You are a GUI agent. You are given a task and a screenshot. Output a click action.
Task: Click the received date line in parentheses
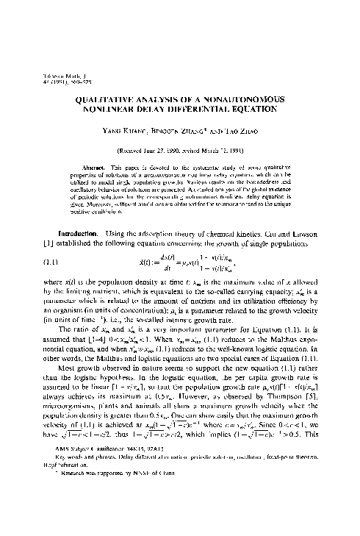click(x=180, y=149)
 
